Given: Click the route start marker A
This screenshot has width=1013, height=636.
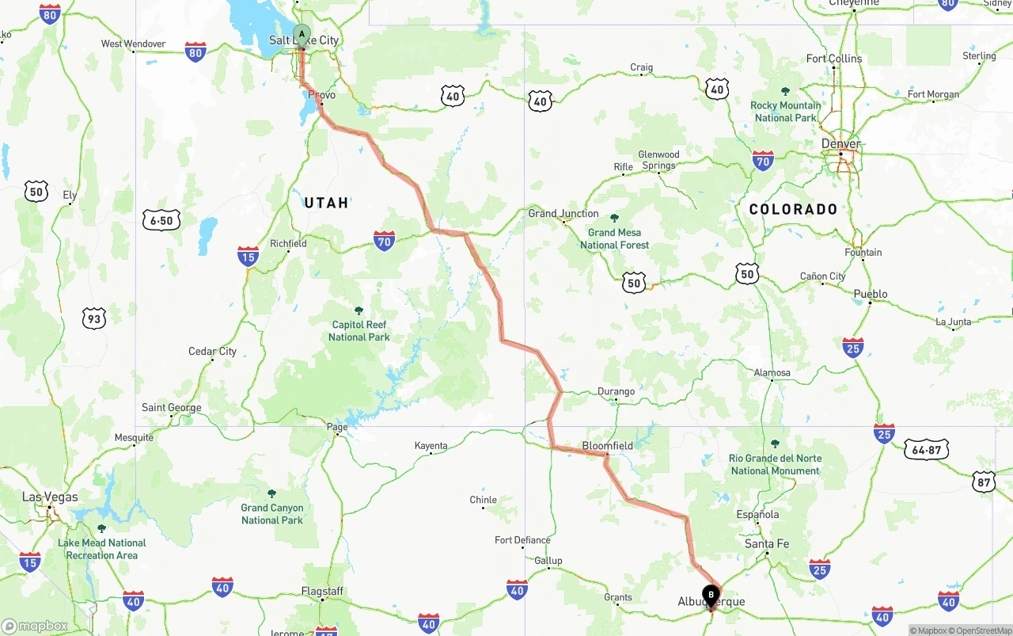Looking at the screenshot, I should pos(302,34).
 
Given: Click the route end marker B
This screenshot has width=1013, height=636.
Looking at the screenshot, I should pos(711,595).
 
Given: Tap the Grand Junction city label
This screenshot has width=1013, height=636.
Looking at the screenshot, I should pos(563,214).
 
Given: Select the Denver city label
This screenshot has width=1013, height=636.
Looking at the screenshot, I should pos(840,144).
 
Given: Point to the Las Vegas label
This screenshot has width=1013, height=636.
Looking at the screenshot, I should pos(50,497).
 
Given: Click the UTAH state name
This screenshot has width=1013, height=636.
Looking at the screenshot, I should pos(326,203).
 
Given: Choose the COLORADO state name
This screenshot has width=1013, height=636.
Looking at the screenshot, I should pos(793,209).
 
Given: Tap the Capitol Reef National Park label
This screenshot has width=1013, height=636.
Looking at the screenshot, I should pos(359,330).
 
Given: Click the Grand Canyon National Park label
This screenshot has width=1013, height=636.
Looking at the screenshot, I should pos(272,514).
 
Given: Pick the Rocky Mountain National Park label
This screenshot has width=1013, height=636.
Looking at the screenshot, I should pos(785,112).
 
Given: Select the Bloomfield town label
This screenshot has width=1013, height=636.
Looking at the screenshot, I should pos(608,446).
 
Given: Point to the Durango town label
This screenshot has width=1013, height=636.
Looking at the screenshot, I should pos(616,391).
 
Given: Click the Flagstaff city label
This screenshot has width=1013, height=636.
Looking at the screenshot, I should pos(322,592).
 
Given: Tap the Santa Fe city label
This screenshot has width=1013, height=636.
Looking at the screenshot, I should pos(767,544).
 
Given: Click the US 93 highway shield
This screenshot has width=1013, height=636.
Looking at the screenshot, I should pos(93,319).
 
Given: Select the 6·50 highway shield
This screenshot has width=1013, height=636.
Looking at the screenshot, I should pos(161,221).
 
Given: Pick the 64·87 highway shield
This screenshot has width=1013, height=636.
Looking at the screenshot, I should pos(926,450).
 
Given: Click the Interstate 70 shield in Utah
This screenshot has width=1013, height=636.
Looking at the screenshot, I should pos(385,241).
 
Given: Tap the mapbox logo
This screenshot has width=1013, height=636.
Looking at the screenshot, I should pos(35,626).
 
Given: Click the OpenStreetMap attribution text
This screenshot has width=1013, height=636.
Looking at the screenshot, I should pos(984,630).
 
